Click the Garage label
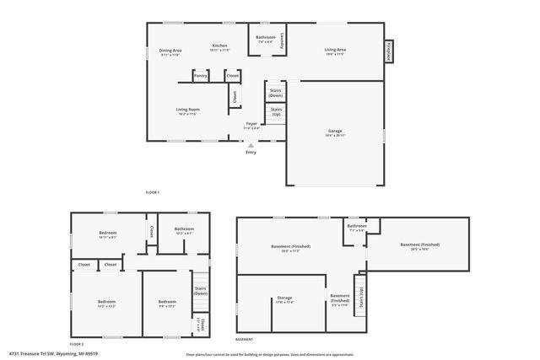tap(335, 131)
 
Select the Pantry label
tap(200, 76)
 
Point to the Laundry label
tap(283, 40)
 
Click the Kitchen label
tap(219, 46)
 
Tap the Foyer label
tap(251, 124)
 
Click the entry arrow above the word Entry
tap(251, 144)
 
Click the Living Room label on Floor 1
tap(187, 110)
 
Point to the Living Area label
tap(335, 50)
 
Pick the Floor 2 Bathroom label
tap(184, 229)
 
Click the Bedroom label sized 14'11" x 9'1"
tap(107, 233)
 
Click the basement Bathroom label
tap(357, 225)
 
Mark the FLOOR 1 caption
tap(152, 193)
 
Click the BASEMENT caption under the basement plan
tap(244, 339)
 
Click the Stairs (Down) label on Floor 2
tap(201, 290)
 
